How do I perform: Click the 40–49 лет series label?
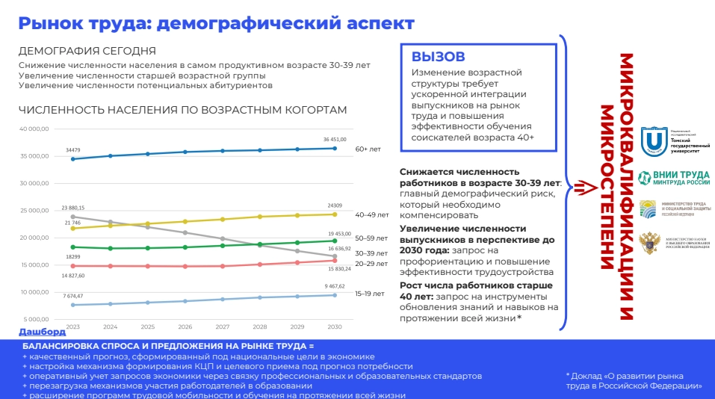point(372,215)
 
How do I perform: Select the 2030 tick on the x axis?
point(334,327)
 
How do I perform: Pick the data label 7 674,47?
point(72,296)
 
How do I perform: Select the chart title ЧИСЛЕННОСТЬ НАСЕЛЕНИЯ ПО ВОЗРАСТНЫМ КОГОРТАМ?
point(183,110)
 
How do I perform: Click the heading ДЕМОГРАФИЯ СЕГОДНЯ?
point(87,51)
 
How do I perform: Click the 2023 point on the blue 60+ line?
point(73,158)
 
